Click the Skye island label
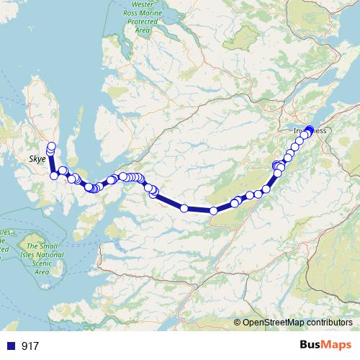pyautogui.click(x=37, y=158)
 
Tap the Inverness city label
pyautogui.click(x=310, y=131)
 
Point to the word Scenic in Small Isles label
pyautogui.click(x=43, y=264)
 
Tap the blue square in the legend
pyautogui.click(x=11, y=346)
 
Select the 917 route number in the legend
pyautogui.click(x=30, y=346)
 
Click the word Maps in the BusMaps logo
pyautogui.click(x=338, y=345)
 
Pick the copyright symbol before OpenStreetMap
pyautogui.click(x=238, y=323)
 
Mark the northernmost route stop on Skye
pyautogui.click(x=52, y=146)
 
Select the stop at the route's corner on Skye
pyautogui.click(x=54, y=176)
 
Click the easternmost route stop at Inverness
pyautogui.click(x=311, y=130)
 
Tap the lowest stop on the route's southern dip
pyautogui.click(x=214, y=210)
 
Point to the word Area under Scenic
pyautogui.click(x=42, y=272)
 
